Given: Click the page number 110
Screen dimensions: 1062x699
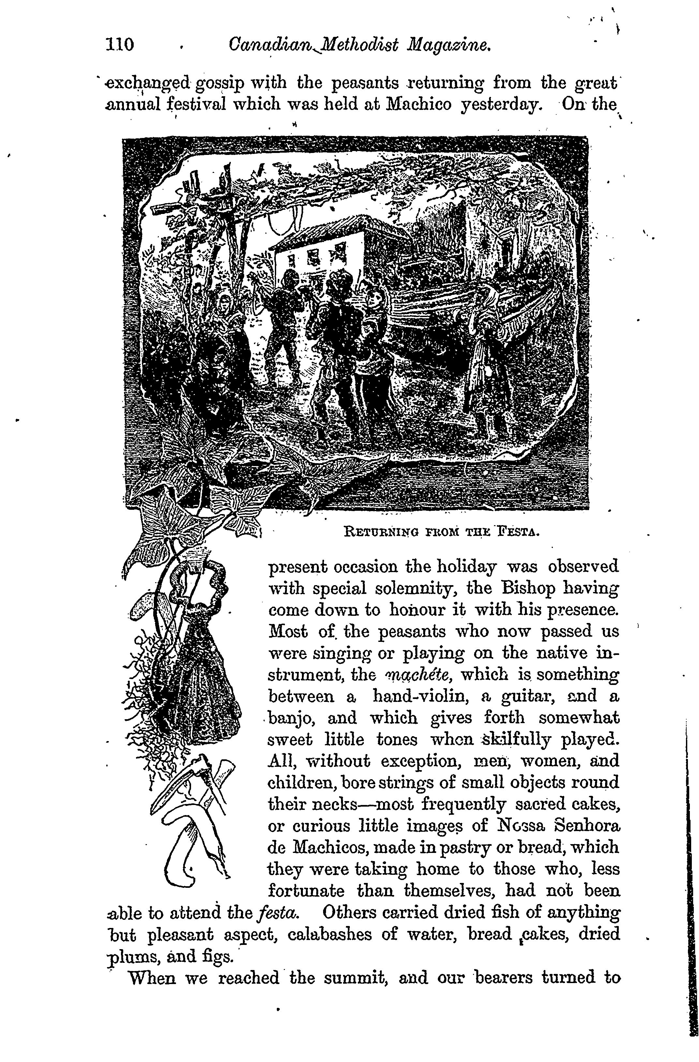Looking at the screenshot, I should pos(120,45).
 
